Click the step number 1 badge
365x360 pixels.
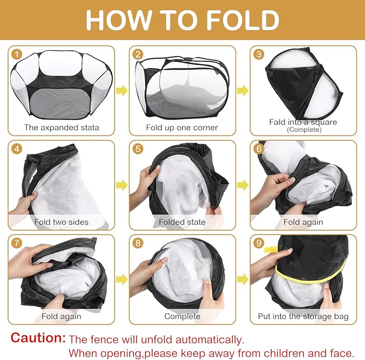pyautogui.click(x=17, y=54)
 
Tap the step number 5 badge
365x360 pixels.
pyautogui.click(x=138, y=149)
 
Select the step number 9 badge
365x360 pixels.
pyautogui.click(x=259, y=243)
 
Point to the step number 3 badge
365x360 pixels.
pyautogui.click(x=259, y=54)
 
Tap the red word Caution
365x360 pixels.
pyautogui.click(x=38, y=337)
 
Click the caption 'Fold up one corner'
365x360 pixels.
pyautogui.click(x=182, y=128)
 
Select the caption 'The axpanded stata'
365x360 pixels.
pyautogui.click(x=61, y=128)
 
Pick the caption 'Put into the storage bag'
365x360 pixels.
pyautogui.click(x=303, y=316)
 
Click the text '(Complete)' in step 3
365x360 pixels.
pyautogui.click(x=304, y=130)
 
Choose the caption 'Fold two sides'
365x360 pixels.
pyautogui.click(x=61, y=222)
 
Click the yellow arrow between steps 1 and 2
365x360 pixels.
pyautogui.click(x=121, y=90)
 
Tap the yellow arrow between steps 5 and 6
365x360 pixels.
pyautogui.click(x=243, y=185)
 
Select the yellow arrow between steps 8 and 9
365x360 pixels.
pyautogui.click(x=243, y=279)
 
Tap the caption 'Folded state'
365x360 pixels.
pyautogui.click(x=182, y=222)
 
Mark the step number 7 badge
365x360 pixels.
pyautogui.click(x=17, y=243)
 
